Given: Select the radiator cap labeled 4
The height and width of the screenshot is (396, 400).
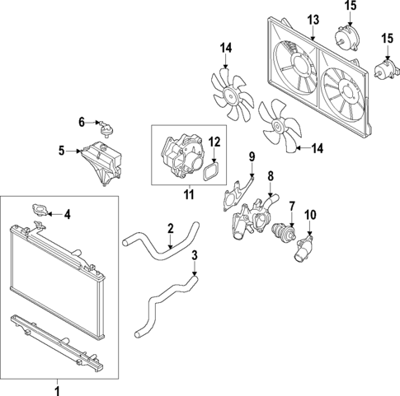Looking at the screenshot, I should (x=39, y=212).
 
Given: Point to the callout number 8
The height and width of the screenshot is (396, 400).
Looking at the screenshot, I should (x=270, y=175).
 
